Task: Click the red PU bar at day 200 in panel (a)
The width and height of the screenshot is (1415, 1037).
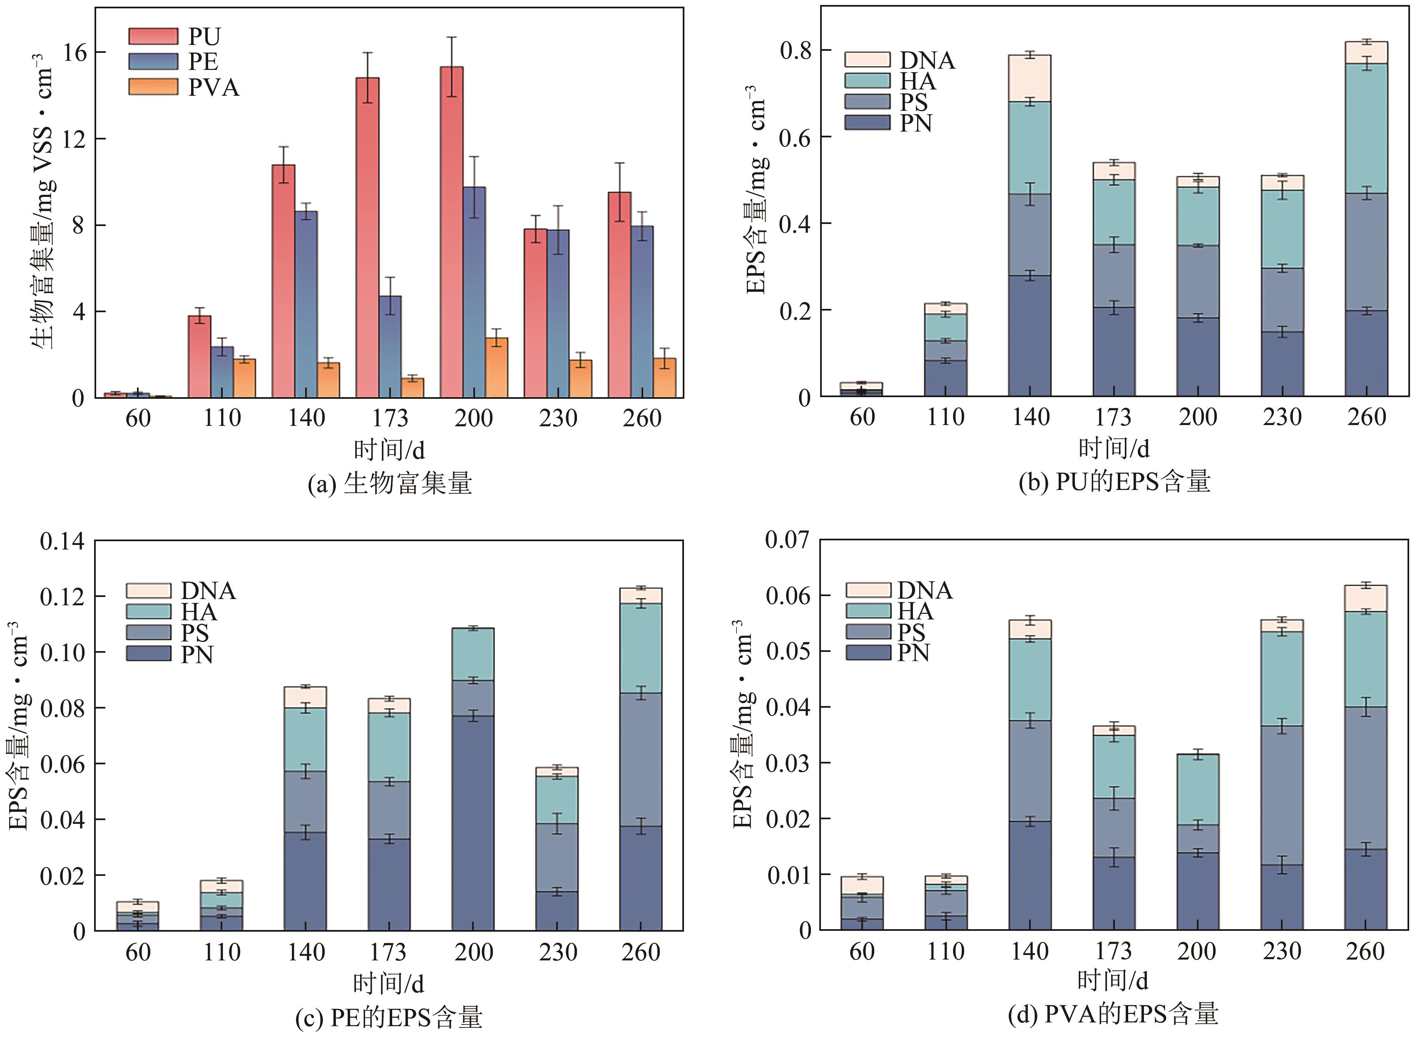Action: (x=451, y=232)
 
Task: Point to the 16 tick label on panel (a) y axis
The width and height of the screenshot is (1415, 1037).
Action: (x=75, y=53)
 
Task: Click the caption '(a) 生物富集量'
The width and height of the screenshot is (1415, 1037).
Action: (x=389, y=483)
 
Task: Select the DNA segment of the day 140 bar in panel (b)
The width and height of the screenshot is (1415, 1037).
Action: (x=1030, y=78)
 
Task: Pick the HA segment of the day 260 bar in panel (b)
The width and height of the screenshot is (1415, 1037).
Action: (x=1366, y=129)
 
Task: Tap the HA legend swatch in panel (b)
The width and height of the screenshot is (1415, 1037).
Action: (x=867, y=81)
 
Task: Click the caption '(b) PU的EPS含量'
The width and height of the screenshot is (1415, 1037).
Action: (x=1114, y=482)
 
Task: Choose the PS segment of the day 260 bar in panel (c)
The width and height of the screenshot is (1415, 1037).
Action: (x=640, y=760)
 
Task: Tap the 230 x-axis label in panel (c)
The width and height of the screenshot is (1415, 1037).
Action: (x=557, y=952)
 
